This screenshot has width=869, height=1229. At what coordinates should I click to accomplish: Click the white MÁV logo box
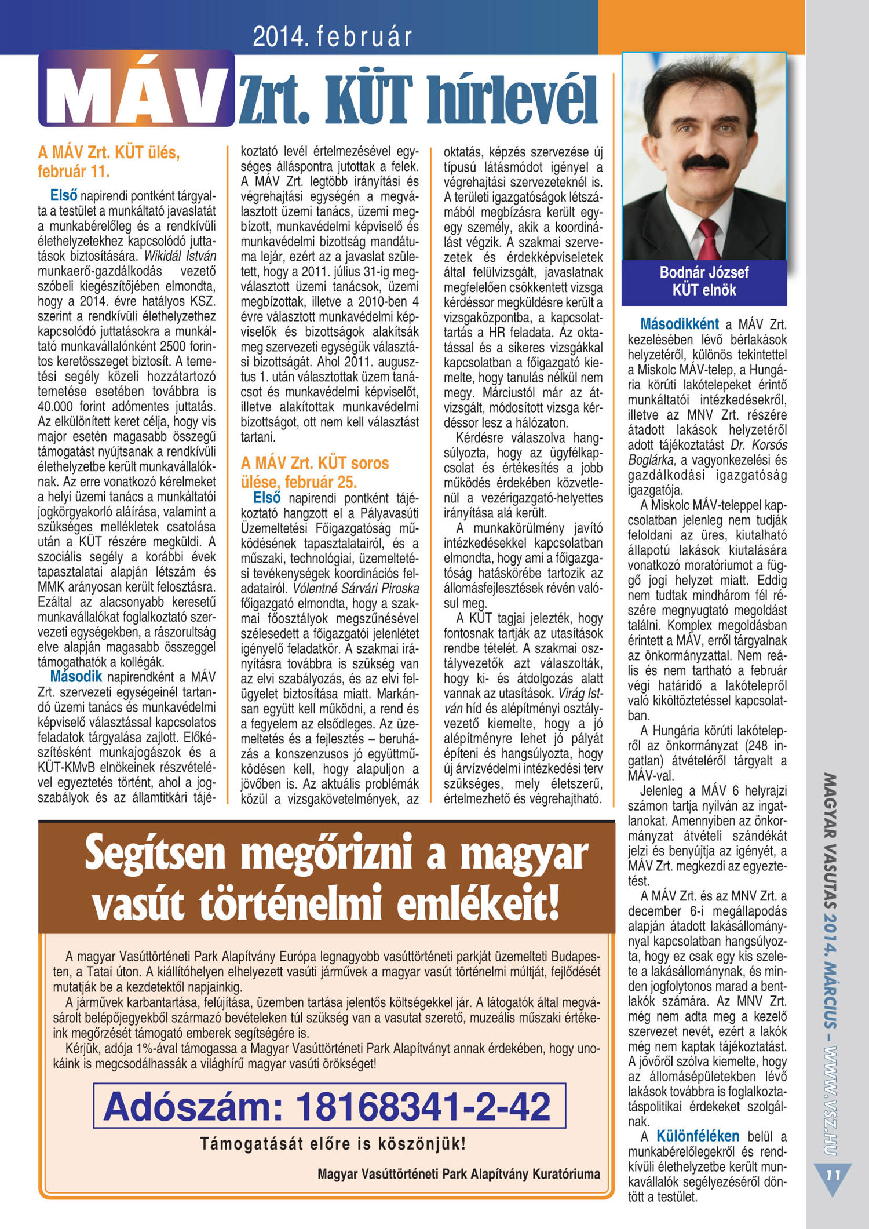(x=137, y=90)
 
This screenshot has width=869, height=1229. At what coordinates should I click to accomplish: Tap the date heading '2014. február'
(x=332, y=37)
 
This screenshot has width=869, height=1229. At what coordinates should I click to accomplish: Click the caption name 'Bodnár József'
(x=704, y=272)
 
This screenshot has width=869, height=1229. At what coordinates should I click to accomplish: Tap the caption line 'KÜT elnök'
(x=704, y=290)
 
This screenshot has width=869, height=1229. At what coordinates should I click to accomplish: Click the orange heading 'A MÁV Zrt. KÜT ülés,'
(x=109, y=153)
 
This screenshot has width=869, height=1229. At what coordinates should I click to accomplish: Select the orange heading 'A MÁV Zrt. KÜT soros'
(x=315, y=463)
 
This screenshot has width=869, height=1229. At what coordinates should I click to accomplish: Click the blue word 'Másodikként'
(x=679, y=324)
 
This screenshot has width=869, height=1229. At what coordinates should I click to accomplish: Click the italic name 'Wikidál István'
(x=180, y=256)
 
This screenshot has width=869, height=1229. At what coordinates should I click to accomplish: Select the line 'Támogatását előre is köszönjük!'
(x=333, y=1144)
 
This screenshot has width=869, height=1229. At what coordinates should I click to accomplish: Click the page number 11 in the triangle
(x=833, y=1176)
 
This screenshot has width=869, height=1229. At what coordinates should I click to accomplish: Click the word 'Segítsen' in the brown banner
(x=155, y=854)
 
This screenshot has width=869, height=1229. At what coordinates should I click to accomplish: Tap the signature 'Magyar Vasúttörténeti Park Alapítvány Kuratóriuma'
(x=458, y=1175)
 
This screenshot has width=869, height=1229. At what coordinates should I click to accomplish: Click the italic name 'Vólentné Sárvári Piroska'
(x=355, y=588)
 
